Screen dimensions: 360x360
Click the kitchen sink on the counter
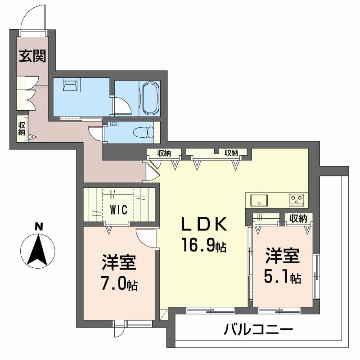coord(258,200)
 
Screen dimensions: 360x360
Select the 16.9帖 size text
coord(204,246)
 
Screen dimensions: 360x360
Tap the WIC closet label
coord(119,210)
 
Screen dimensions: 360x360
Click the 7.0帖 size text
coord(119,284)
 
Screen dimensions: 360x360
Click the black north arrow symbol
coord(39,250)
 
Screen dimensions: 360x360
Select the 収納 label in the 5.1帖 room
coord(298,219)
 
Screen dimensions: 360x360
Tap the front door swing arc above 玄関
coord(31,18)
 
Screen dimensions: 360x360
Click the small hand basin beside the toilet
coord(113,123)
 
